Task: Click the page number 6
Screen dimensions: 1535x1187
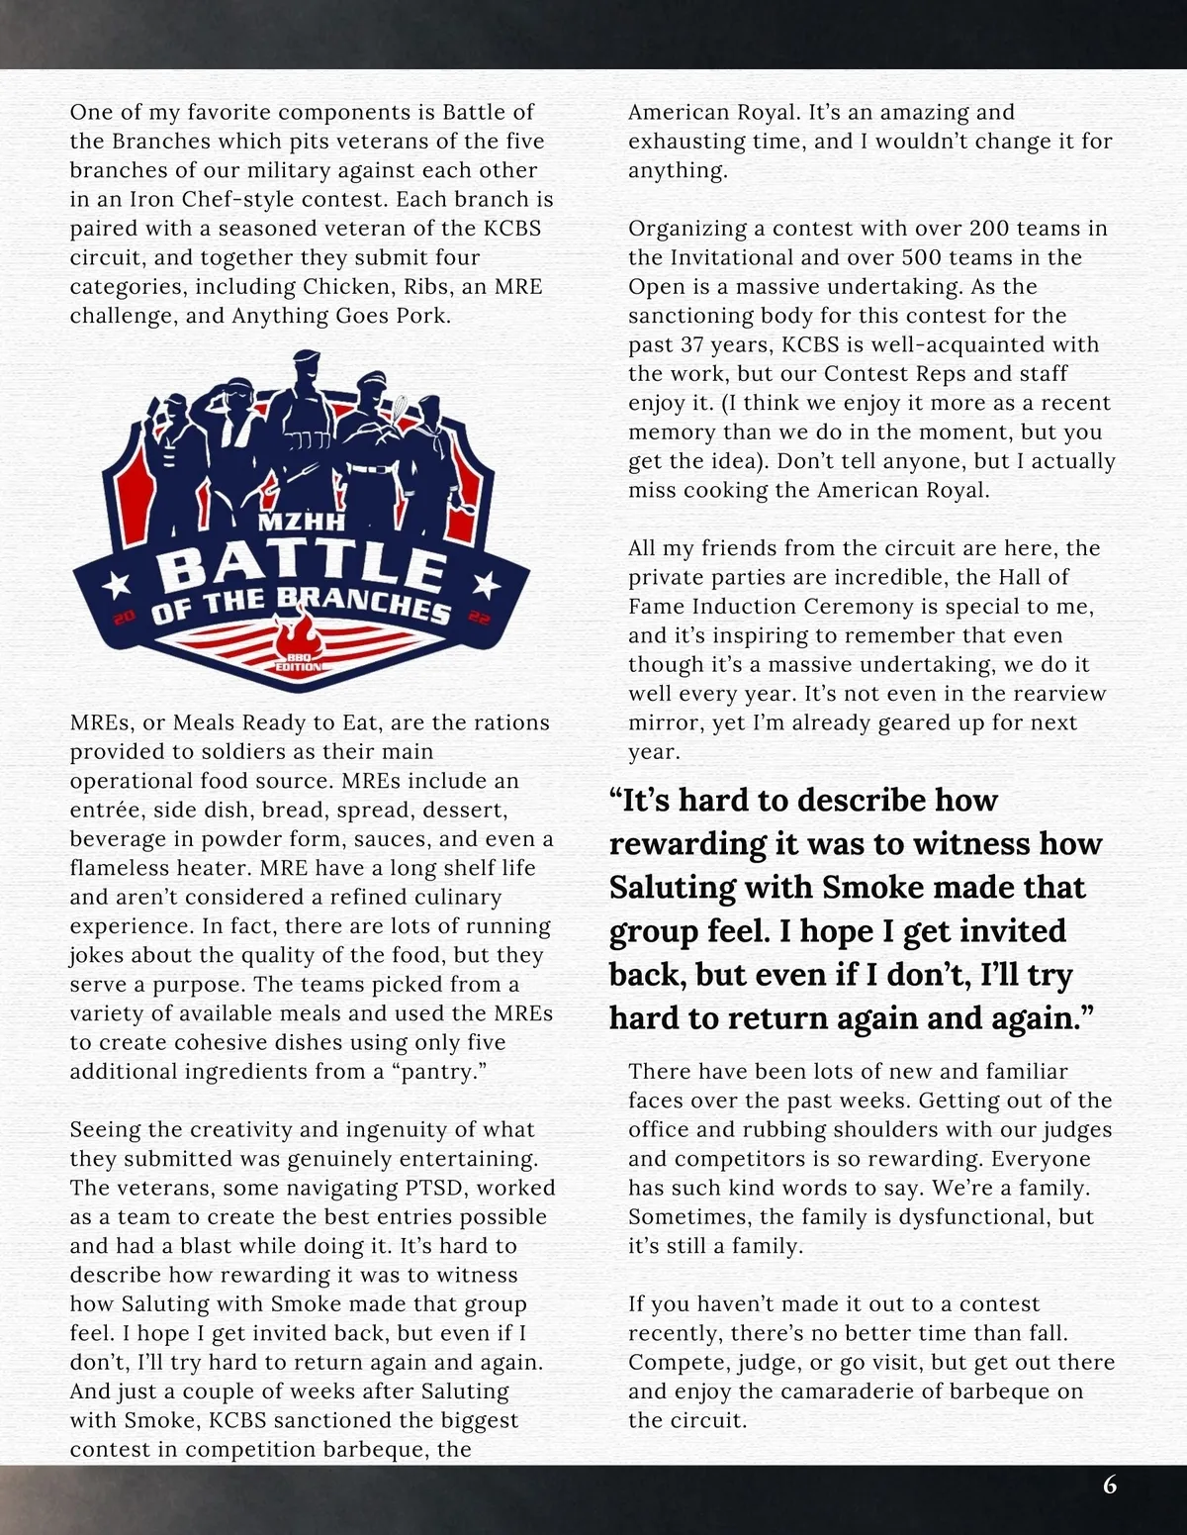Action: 1110,1485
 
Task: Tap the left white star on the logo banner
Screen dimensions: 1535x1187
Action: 117,578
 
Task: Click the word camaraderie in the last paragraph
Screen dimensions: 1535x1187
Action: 839,1391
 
